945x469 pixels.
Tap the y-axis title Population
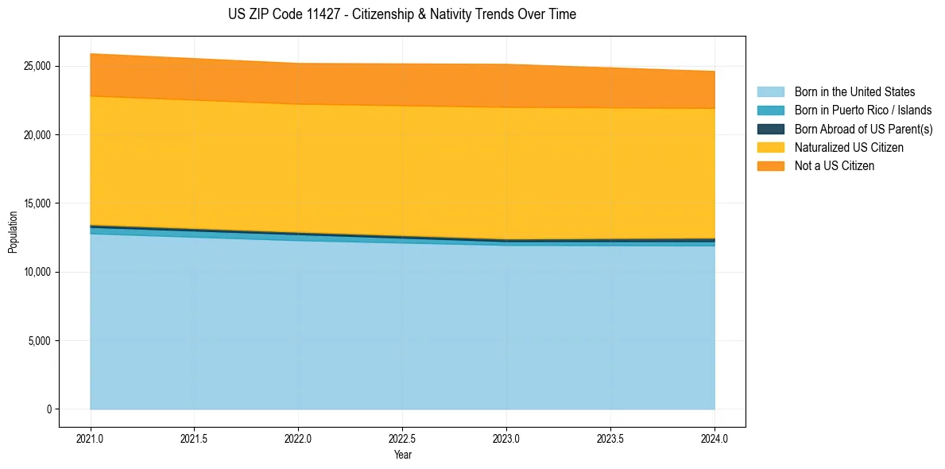(x=13, y=232)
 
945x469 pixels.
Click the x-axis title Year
(x=403, y=455)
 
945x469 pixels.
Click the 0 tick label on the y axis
(x=48, y=409)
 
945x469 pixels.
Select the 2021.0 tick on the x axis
(x=91, y=438)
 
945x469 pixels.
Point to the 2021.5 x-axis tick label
(x=195, y=438)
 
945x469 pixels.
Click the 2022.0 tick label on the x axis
(x=299, y=438)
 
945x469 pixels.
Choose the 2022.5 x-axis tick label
(x=403, y=438)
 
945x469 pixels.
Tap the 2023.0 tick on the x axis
(x=506, y=438)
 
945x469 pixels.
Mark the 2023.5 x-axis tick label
(x=610, y=438)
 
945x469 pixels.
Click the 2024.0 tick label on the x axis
(x=715, y=438)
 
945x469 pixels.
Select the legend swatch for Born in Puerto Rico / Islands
(x=770, y=110)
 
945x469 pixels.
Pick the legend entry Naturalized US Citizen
(x=849, y=148)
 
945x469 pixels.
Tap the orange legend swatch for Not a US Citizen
(x=770, y=166)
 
